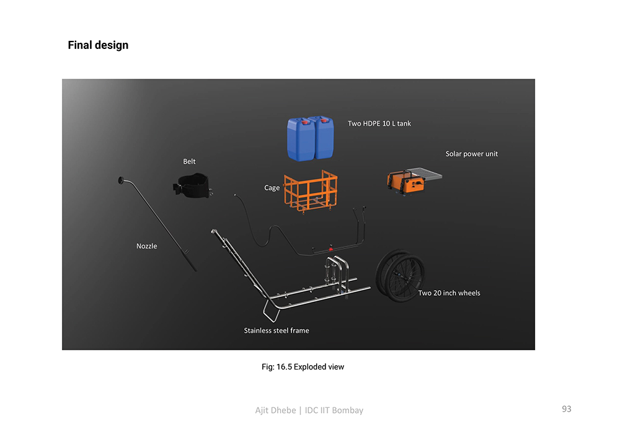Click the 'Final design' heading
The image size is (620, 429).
pyautogui.click(x=98, y=45)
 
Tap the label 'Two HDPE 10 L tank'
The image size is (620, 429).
pyautogui.click(x=379, y=123)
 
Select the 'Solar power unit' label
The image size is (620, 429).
pyautogui.click(x=471, y=154)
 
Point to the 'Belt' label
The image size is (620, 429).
pyautogui.click(x=189, y=161)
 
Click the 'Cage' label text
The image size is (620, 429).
pyautogui.click(x=272, y=188)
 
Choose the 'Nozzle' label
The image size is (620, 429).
pyautogui.click(x=147, y=246)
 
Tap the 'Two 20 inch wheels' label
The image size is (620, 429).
pyautogui.click(x=449, y=293)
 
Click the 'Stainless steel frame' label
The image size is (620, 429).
pyautogui.click(x=277, y=330)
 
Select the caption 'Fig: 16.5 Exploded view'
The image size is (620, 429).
pyautogui.click(x=303, y=367)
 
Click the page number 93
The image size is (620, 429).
pyautogui.click(x=567, y=409)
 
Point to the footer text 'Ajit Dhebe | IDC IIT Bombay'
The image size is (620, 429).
pyautogui.click(x=309, y=410)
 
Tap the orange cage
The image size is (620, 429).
pyautogui.click(x=311, y=192)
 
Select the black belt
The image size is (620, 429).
pyautogui.click(x=193, y=185)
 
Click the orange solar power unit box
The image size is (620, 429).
pyautogui.click(x=406, y=182)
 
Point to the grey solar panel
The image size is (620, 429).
pyautogui.click(x=425, y=173)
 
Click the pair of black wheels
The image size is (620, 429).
pyautogui.click(x=400, y=276)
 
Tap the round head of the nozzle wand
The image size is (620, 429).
pyautogui.click(x=121, y=180)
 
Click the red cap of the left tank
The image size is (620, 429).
pyautogui.click(x=305, y=122)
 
